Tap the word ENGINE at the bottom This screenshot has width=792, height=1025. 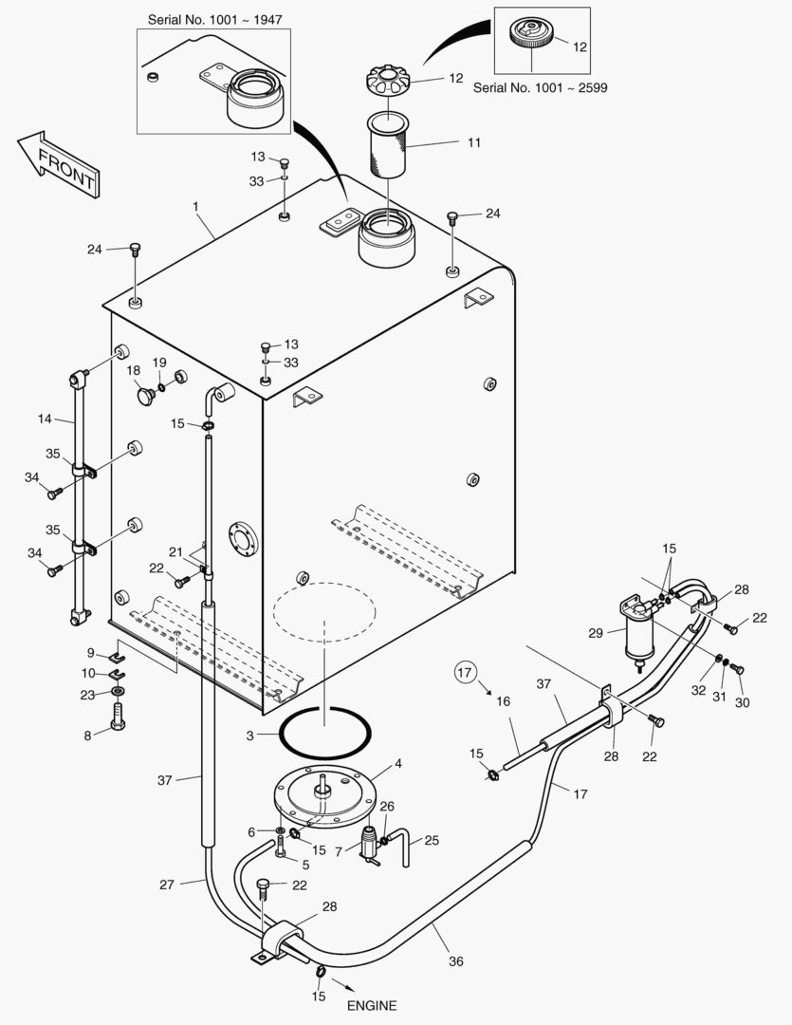click(x=371, y=1006)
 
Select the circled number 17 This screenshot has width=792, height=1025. click(x=464, y=673)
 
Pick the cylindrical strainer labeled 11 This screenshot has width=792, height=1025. click(x=387, y=146)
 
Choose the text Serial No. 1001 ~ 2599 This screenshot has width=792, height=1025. click(x=540, y=87)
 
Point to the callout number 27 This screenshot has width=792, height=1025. click(x=166, y=885)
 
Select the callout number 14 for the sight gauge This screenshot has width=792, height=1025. click(x=44, y=419)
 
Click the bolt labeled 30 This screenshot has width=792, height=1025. click(x=739, y=669)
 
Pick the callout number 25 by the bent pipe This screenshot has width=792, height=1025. click(x=432, y=841)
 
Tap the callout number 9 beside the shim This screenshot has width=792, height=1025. click(x=91, y=652)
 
